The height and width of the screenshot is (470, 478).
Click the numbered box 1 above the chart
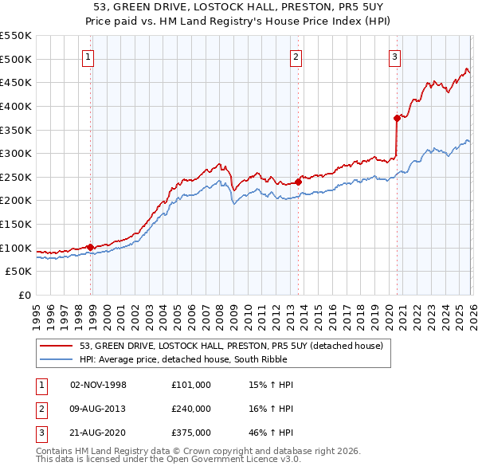click(x=88, y=57)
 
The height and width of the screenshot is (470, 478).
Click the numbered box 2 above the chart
click(x=296, y=57)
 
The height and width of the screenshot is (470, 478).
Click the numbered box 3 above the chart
click(x=394, y=57)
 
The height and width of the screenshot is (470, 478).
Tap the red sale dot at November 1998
click(x=91, y=247)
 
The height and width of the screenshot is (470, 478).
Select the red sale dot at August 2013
click(x=298, y=182)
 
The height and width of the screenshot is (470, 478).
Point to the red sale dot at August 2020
click(x=397, y=118)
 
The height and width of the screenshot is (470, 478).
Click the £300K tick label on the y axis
click(x=16, y=153)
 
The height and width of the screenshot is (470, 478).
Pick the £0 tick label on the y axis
click(x=23, y=295)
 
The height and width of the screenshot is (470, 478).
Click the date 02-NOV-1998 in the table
click(x=99, y=385)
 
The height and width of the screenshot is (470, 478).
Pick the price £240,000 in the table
click(x=191, y=408)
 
